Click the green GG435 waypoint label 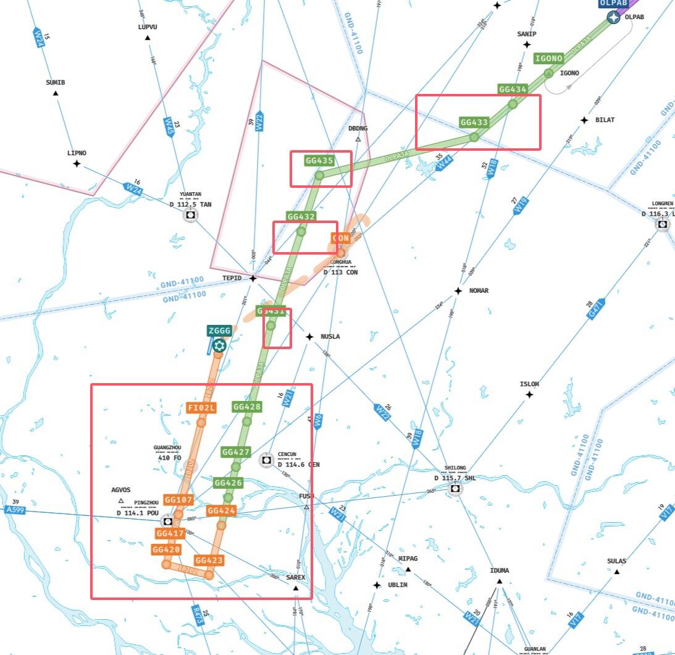319,161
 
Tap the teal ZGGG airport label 219,331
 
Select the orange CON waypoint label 341,238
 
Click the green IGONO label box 548,59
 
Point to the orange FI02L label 201,408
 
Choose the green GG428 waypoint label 247,407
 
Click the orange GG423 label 208,560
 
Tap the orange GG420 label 166,549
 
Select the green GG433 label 474,122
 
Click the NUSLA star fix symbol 309,337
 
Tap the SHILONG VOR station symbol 455,489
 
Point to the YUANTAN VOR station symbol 190,214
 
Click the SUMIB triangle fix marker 56,93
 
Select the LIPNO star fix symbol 77,164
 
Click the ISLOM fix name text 529,384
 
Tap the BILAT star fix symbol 584,120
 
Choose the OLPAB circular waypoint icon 613,17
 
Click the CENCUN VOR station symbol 266,459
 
